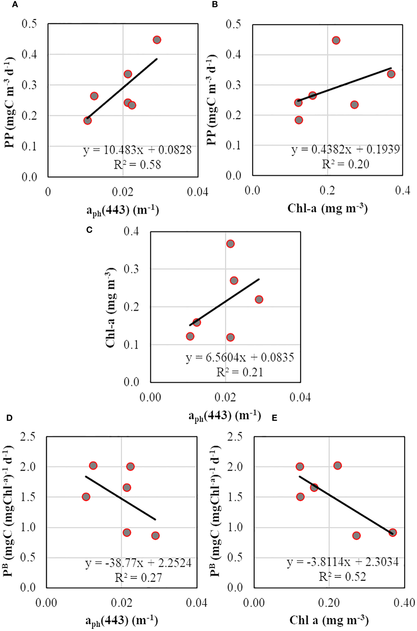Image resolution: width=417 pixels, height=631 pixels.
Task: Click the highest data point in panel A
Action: tap(157, 40)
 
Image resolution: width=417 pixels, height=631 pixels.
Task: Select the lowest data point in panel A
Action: tap(87, 120)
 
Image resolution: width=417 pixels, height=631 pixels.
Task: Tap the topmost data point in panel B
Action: tap(336, 40)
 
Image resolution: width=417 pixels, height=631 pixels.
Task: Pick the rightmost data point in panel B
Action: tap(391, 74)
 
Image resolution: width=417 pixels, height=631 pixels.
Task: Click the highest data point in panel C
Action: tap(230, 244)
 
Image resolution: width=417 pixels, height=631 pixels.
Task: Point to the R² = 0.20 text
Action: tap(346, 164)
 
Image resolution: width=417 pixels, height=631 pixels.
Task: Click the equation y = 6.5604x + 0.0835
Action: tap(240, 357)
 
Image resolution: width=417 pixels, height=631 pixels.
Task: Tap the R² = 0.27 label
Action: tap(138, 578)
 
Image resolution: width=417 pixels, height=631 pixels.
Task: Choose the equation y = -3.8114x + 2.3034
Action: tap(343, 562)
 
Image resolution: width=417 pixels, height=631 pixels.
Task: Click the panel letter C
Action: tap(89, 230)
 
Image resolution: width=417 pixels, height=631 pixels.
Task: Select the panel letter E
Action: tap(274, 418)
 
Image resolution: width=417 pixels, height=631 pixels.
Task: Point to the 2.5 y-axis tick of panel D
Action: tap(28, 436)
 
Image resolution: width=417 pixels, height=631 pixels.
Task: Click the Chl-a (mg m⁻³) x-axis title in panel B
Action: tap(327, 208)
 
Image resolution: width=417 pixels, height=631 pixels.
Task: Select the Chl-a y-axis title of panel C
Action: tap(110, 307)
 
